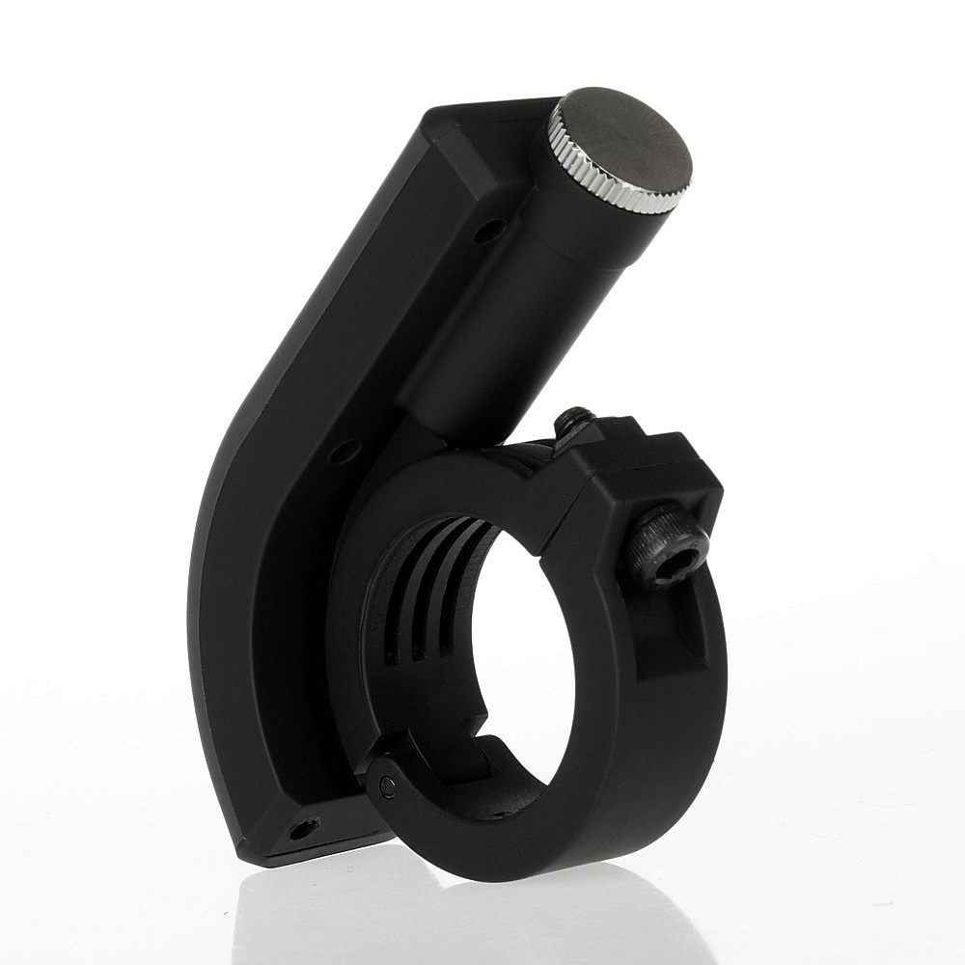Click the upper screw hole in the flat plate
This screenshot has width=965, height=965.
pyautogui.click(x=488, y=231)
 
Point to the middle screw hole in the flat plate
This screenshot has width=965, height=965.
pyautogui.click(x=344, y=451)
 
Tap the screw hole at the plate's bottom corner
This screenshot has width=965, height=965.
pyautogui.click(x=303, y=828)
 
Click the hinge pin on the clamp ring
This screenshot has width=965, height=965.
pyautogui.click(x=387, y=786)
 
